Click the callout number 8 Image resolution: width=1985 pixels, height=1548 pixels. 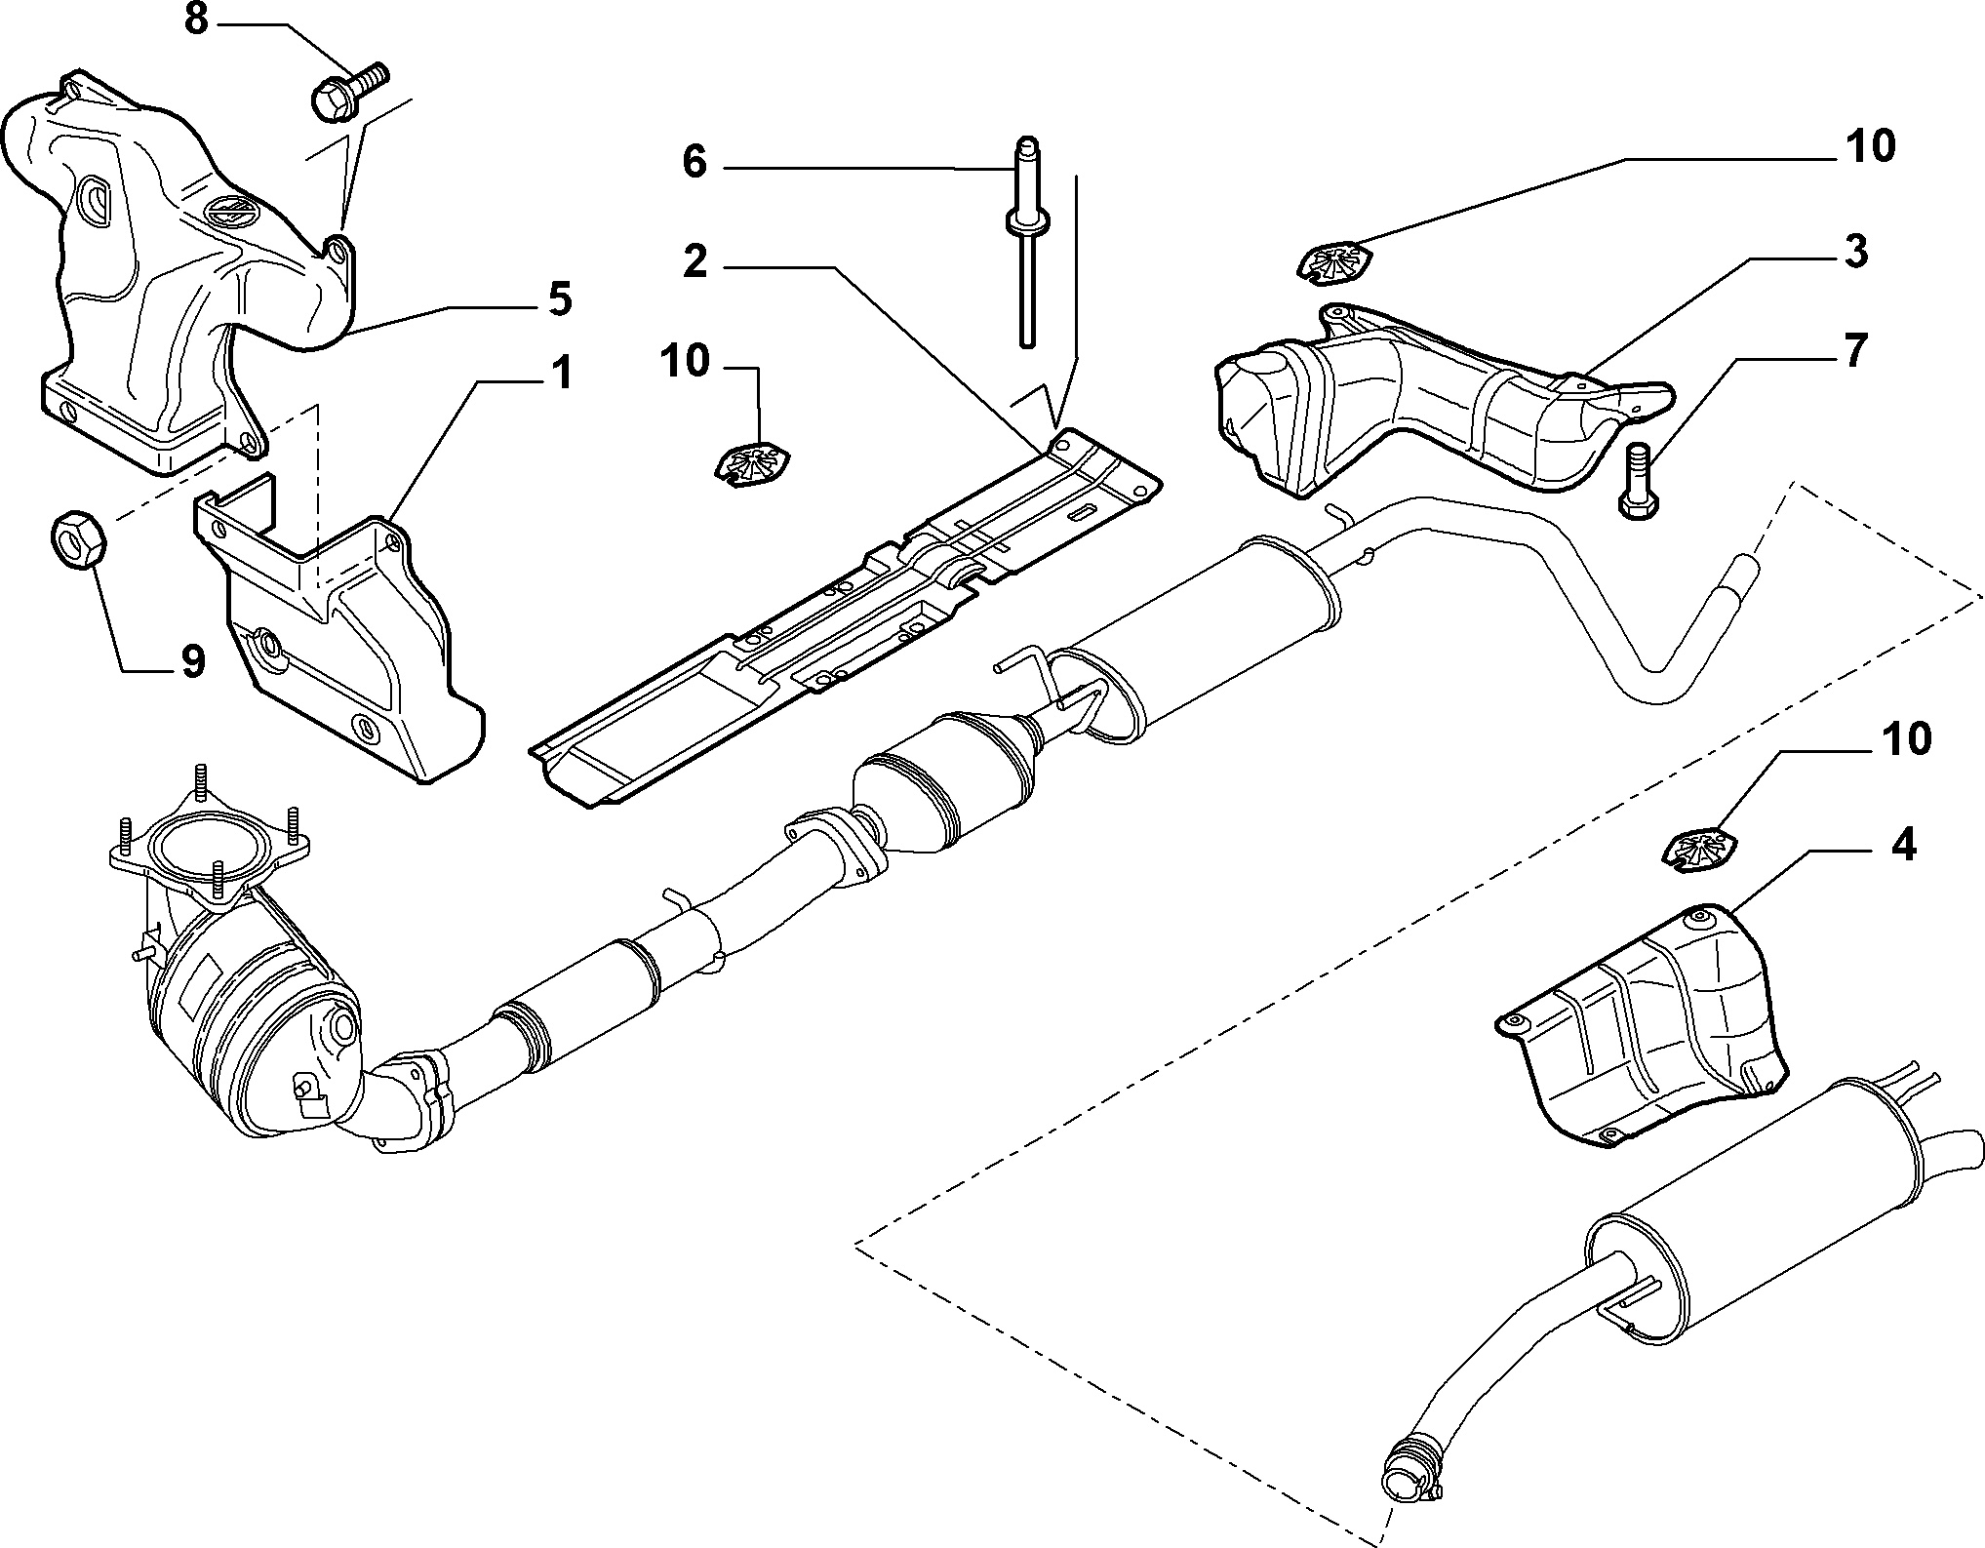point(197,20)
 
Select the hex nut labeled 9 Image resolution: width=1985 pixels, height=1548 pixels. point(75,537)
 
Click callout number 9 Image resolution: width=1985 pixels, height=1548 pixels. point(192,661)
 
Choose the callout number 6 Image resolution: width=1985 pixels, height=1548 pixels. point(694,162)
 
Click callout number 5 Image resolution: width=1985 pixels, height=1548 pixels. point(559,298)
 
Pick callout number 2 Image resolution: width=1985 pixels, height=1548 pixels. point(694,262)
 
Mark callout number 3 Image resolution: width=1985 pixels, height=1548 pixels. point(1854,251)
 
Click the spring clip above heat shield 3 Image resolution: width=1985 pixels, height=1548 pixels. point(1335,262)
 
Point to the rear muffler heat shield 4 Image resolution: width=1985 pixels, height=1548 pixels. point(1642,1027)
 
